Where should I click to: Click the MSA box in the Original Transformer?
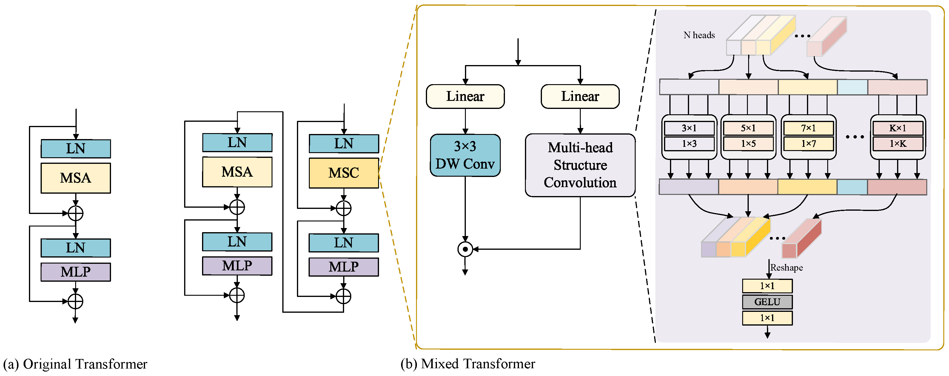coord(76,178)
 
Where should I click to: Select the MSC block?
coord(343,173)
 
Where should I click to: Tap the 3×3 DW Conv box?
coord(465,155)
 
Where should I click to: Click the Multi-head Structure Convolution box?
coord(580,165)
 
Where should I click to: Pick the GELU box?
coord(767,302)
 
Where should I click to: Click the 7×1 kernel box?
coord(808,128)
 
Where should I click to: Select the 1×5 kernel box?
coord(748,144)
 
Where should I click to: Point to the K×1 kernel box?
coord(897,128)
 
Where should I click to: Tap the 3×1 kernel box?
coord(689,128)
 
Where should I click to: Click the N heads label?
coord(699,35)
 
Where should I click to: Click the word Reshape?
coord(787,267)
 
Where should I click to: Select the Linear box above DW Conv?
coord(465,96)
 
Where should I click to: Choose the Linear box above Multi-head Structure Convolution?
coord(580,96)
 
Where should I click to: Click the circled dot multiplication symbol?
coord(465,249)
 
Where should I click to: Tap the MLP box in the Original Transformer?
coord(76,272)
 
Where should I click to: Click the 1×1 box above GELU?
coord(767,286)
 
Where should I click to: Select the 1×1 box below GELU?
coord(767,318)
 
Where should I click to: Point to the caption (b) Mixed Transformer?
coord(468,363)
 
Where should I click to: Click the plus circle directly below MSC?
coord(343,208)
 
